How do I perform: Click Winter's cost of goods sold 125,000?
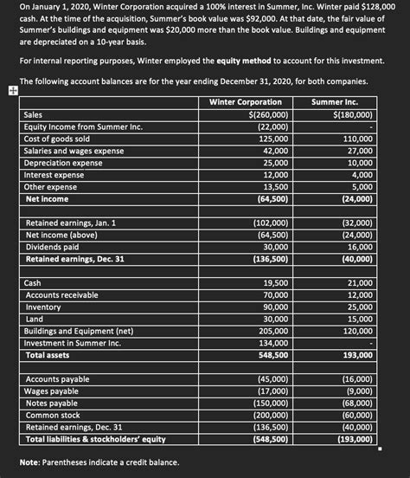tap(273, 139)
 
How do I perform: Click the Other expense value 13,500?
tap(275, 187)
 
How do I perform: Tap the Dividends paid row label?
tap(56, 247)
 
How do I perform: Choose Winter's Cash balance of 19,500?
tap(275, 283)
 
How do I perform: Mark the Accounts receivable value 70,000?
tap(275, 295)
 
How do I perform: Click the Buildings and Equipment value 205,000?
tap(273, 331)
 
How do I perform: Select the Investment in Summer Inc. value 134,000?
tap(273, 343)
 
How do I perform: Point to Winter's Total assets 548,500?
tap(273, 355)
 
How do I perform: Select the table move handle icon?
tap(9, 90)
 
